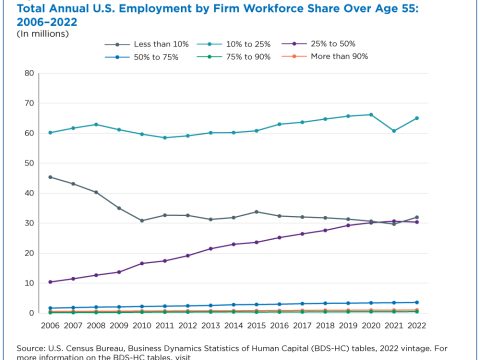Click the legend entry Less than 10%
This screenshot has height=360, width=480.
(147, 44)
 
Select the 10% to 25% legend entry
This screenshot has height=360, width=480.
(234, 44)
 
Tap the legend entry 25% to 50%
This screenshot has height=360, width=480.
(319, 44)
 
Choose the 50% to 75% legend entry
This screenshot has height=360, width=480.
(142, 57)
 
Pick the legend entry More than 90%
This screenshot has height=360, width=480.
(325, 56)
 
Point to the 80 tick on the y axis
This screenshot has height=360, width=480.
(29, 73)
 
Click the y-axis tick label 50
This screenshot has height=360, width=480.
(29, 163)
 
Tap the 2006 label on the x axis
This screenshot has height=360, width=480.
(50, 325)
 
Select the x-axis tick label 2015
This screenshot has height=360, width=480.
(256, 325)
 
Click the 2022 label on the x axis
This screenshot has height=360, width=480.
(417, 325)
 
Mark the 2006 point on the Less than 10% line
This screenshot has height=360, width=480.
(50, 177)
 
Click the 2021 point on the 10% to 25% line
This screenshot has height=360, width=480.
(394, 131)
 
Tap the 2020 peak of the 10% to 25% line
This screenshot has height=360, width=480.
(371, 115)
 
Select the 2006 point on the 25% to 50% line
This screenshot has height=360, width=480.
(50, 282)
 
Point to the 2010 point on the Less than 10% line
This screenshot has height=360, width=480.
(142, 221)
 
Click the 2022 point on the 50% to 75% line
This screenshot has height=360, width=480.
(417, 302)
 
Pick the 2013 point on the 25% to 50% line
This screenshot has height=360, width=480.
(211, 249)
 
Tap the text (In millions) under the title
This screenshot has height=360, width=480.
(43, 34)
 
